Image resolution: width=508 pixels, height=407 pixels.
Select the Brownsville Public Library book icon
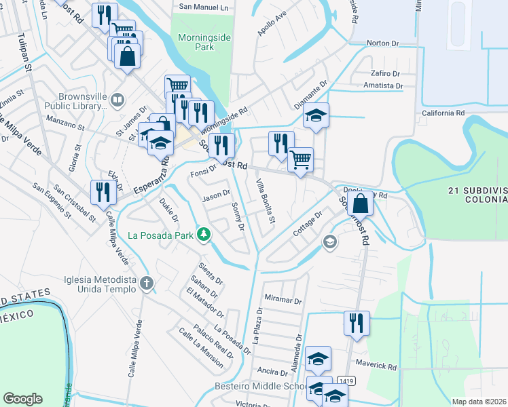(117, 101)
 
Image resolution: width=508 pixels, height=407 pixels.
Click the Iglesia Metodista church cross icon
(147, 284)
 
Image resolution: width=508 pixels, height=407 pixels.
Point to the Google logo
(22, 399)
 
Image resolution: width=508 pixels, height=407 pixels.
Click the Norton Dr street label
(382, 43)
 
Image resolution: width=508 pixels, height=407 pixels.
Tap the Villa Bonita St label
(266, 201)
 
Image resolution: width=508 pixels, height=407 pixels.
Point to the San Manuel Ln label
(204, 7)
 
